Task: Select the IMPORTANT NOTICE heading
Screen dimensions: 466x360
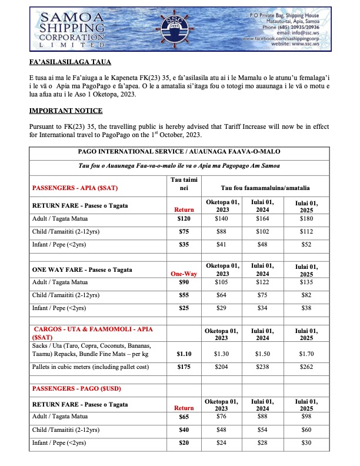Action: [x=66, y=111]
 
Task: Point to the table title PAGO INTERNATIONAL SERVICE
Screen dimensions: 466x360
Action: [x=180, y=151]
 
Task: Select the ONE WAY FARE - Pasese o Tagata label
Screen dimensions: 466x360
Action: [x=79, y=269]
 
